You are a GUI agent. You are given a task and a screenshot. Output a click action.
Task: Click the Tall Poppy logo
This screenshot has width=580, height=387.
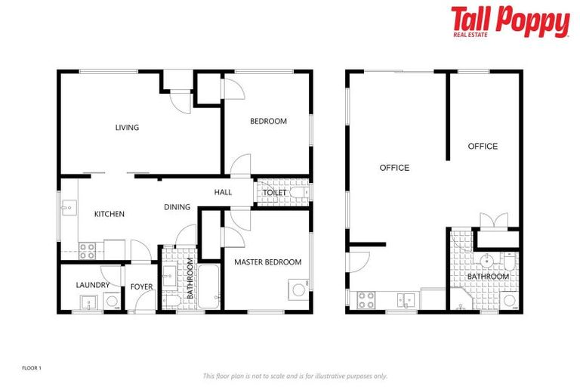tap(510, 22)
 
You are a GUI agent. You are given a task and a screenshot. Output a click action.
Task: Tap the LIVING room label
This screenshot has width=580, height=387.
tap(127, 128)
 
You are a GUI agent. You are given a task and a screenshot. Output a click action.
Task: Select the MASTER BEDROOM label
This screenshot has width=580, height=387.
tap(267, 262)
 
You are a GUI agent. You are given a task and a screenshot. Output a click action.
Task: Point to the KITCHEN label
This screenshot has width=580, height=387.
tap(109, 214)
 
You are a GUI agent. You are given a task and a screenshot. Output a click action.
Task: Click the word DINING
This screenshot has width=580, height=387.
tap(177, 206)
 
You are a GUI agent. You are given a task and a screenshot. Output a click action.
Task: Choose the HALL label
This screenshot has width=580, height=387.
tap(223, 192)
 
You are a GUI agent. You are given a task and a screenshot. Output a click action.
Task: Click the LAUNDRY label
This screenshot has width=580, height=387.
tap(92, 285)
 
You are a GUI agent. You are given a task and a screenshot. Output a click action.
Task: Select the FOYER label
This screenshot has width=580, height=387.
tap(141, 286)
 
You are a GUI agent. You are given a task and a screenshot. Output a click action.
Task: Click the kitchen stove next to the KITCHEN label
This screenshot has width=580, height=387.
tap(87, 246)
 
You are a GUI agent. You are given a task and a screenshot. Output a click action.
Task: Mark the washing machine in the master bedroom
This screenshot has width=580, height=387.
tap(298, 289)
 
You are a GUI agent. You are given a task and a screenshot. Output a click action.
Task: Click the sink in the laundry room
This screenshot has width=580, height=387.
tap(88, 303)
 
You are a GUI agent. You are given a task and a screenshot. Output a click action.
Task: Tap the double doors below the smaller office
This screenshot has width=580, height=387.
tap(489, 221)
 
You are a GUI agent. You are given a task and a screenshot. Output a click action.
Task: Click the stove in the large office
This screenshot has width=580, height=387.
tap(366, 300)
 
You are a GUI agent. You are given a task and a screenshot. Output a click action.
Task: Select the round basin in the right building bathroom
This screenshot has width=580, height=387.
tap(487, 261)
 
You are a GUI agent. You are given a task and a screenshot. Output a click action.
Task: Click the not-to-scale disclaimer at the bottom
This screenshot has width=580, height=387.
tap(295, 376)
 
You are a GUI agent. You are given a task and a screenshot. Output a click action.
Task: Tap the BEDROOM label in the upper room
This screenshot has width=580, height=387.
tap(268, 121)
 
